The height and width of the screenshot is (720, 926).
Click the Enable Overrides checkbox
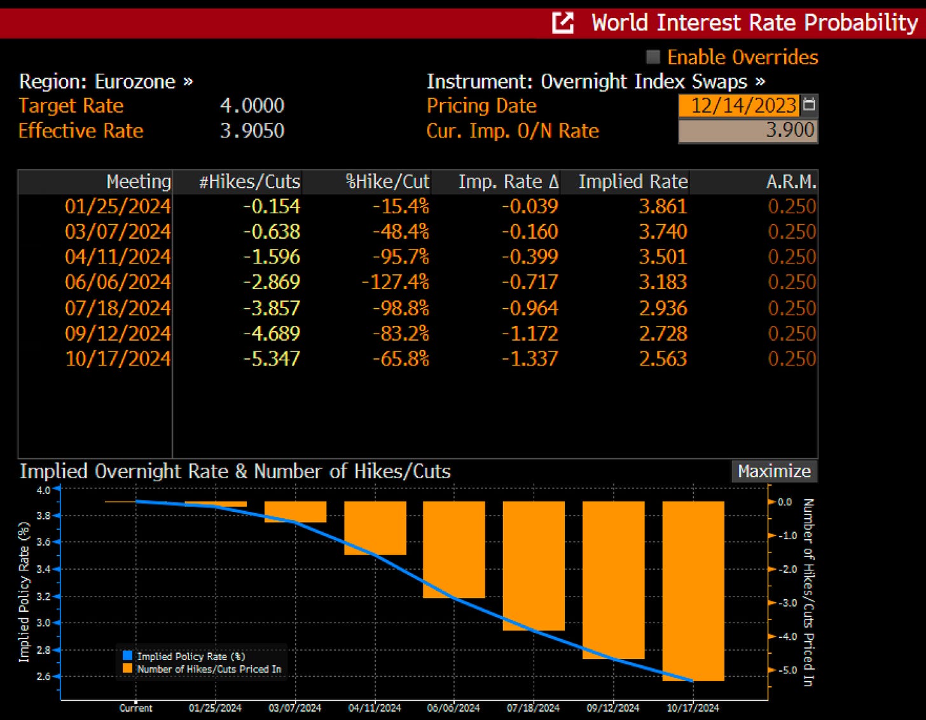pyautogui.click(x=653, y=57)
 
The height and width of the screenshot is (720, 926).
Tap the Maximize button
pyautogui.click(x=774, y=471)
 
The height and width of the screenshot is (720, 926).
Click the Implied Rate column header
pyautogui.click(x=633, y=182)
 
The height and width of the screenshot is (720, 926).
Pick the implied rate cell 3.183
pyautogui.click(x=663, y=282)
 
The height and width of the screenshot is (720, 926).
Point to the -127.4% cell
pyautogui.click(x=395, y=282)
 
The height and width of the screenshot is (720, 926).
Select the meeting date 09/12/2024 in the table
pyautogui.click(x=118, y=334)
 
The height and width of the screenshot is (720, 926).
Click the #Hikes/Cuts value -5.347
pyautogui.click(x=272, y=358)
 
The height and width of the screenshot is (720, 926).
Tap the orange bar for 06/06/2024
pyautogui.click(x=454, y=549)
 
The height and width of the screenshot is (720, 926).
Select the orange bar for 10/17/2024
pyautogui.click(x=693, y=591)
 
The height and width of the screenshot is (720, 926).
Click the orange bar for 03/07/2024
pyautogui.click(x=295, y=512)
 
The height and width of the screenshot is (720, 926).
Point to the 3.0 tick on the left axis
pyautogui.click(x=43, y=623)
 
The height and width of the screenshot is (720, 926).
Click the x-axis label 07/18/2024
pyautogui.click(x=533, y=708)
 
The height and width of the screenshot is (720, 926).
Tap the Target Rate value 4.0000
pyautogui.click(x=252, y=106)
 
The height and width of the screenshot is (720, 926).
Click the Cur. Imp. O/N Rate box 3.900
pyautogui.click(x=748, y=131)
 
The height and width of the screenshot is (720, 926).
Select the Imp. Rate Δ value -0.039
pyautogui.click(x=530, y=206)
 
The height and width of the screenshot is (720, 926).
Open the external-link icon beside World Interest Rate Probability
pyautogui.click(x=563, y=23)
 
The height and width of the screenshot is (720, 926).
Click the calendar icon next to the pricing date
pyautogui.click(x=809, y=104)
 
